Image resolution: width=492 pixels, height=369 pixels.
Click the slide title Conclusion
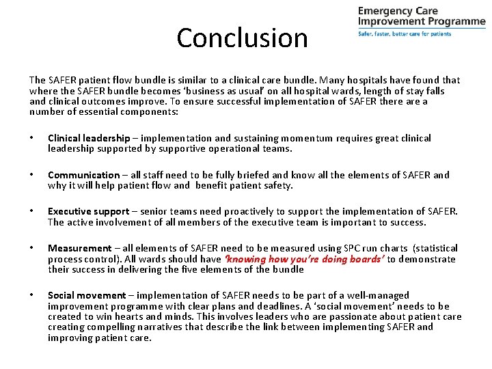(x=242, y=38)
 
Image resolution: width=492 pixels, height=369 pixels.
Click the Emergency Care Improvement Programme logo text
(x=421, y=16)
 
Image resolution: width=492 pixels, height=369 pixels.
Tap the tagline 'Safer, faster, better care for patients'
(x=404, y=33)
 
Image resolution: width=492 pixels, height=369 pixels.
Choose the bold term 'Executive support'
(x=88, y=211)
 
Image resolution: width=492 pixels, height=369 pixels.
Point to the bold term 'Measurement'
(x=79, y=248)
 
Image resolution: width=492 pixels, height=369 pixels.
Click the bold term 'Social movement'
(x=87, y=295)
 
